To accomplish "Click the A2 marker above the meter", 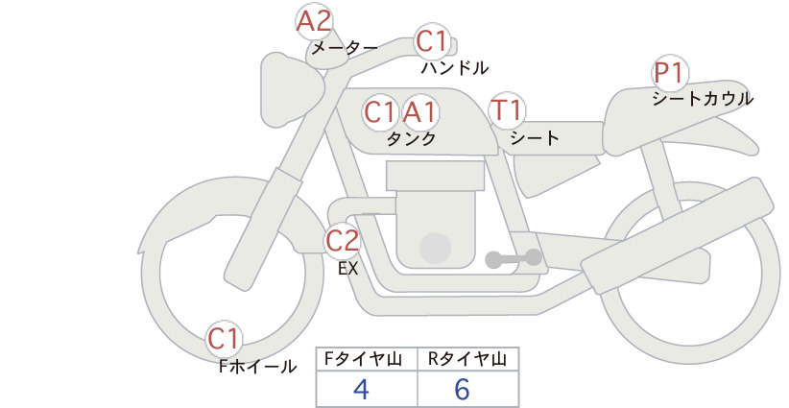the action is pyautogui.click(x=314, y=22).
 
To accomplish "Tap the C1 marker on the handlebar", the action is pyautogui.click(x=432, y=41).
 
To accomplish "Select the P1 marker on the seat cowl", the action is pyautogui.click(x=670, y=73).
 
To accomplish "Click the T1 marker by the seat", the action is pyautogui.click(x=507, y=110).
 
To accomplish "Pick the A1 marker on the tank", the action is pyautogui.click(x=419, y=112).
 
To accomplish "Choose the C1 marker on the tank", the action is pyautogui.click(x=381, y=112).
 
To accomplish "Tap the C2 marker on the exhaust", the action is pyautogui.click(x=342, y=240).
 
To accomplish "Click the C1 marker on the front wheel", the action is pyautogui.click(x=224, y=339).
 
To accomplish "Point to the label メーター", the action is pyautogui.click(x=345, y=48).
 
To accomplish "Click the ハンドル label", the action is pyautogui.click(x=455, y=67).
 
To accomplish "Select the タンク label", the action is pyautogui.click(x=411, y=138).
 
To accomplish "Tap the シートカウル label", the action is pyautogui.click(x=703, y=98).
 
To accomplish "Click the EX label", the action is pyautogui.click(x=347, y=269).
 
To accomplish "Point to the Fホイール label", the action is pyautogui.click(x=257, y=367).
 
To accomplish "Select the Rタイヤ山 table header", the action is pyautogui.click(x=468, y=359).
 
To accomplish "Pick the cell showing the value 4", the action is pyautogui.click(x=367, y=389).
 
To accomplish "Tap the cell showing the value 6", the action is pyautogui.click(x=468, y=389).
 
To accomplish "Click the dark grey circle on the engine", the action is pyautogui.click(x=435, y=248).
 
